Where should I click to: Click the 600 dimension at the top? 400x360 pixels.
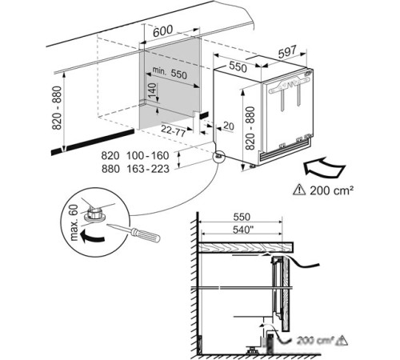163,31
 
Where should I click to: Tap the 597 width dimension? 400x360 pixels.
287,52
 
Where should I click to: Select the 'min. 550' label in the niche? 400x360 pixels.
170,73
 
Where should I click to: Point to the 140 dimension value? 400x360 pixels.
152,90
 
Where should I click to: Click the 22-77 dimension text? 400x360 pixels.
173,131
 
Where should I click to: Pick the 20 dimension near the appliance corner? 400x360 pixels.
229,126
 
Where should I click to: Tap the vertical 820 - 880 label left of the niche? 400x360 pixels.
57,108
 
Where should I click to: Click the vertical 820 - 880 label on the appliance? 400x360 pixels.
250,128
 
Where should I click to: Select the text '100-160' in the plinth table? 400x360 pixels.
148,155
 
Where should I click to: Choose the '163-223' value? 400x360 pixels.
148,169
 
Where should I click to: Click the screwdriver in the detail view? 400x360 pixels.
134,233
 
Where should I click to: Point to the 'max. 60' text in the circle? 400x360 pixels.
74,222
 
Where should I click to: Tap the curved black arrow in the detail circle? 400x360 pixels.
92,237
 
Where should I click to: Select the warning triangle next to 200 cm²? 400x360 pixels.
299,190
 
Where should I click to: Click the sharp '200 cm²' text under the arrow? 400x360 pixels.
331,190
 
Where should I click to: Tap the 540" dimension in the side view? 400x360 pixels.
242,230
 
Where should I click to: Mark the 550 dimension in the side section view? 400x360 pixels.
242,217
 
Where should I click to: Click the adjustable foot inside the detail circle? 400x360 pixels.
94,214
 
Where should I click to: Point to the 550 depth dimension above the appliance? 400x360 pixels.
238,66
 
